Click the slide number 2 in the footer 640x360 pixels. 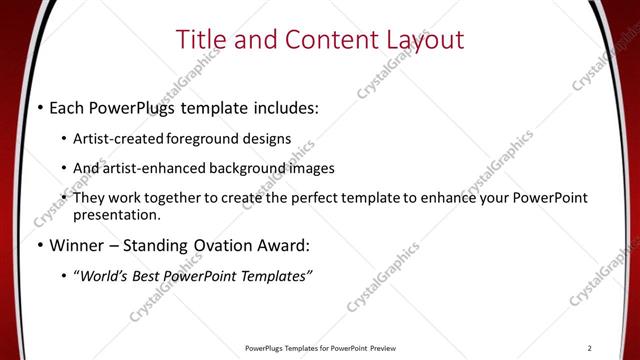pyautogui.click(x=590, y=348)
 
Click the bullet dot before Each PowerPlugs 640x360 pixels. pyautogui.click(x=39, y=106)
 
